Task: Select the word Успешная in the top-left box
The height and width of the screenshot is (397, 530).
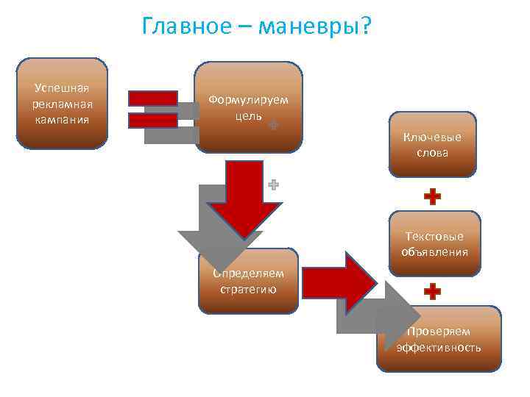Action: (x=63, y=87)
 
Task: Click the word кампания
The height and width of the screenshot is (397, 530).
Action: (x=63, y=120)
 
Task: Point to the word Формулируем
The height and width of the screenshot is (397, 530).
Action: (x=248, y=99)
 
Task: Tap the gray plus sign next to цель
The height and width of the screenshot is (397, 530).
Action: (x=273, y=125)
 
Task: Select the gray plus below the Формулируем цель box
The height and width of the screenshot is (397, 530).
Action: (x=273, y=185)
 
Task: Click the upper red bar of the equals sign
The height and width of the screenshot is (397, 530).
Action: (x=152, y=98)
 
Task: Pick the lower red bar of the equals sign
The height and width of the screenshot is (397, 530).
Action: (x=152, y=120)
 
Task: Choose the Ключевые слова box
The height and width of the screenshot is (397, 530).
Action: (x=432, y=145)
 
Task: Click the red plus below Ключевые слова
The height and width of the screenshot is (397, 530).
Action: (x=433, y=196)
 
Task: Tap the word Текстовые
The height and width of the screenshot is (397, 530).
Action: (x=434, y=236)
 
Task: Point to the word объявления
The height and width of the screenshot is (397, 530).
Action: (x=434, y=252)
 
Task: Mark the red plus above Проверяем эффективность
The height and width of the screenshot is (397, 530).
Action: (x=433, y=292)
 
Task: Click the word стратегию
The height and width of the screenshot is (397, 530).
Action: (x=248, y=289)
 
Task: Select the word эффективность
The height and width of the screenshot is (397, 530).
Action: (x=439, y=348)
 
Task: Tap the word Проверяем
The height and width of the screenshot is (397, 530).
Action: (x=439, y=331)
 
